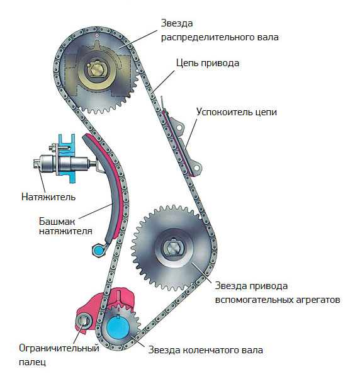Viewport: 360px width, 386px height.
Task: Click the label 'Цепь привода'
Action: [208, 63]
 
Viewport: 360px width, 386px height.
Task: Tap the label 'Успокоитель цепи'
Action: [236, 112]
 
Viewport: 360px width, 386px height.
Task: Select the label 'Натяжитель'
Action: [48, 197]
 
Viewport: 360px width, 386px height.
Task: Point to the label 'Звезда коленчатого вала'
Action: [205, 350]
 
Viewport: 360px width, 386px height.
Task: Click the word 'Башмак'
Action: [57, 221]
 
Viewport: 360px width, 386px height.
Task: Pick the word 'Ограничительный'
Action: [59, 348]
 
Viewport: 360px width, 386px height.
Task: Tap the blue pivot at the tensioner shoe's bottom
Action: [99, 250]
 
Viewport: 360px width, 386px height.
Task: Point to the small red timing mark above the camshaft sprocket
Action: [97, 35]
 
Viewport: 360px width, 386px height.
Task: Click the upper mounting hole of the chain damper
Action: [179, 128]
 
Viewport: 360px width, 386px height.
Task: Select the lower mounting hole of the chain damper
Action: [196, 167]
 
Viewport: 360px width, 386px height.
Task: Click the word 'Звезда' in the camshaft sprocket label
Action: [177, 23]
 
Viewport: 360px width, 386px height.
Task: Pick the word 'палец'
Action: [32, 362]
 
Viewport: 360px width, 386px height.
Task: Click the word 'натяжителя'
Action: [65, 231]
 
